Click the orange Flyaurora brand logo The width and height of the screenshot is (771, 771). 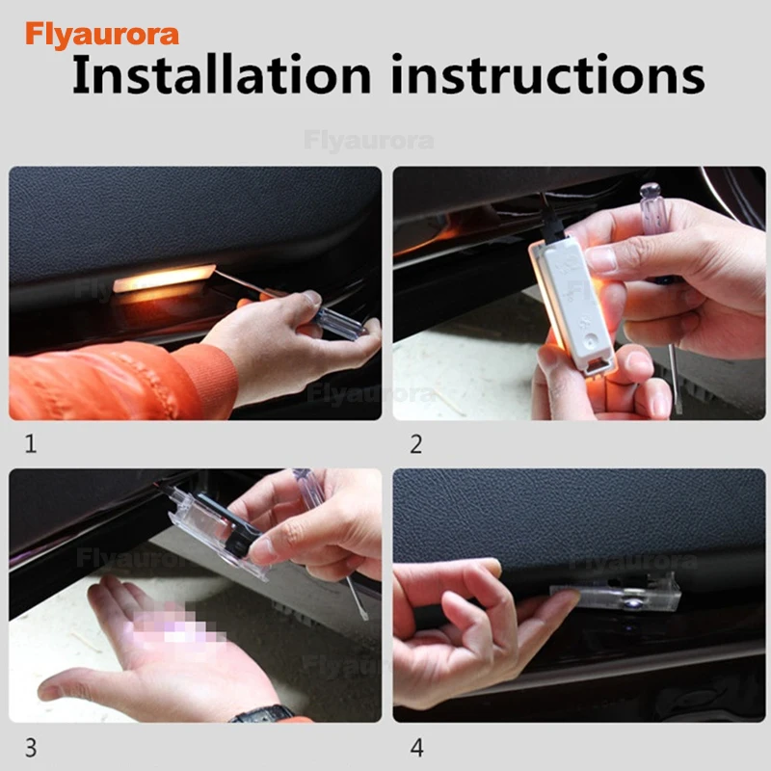pos(102,35)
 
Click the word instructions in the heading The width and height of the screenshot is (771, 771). pos(548,75)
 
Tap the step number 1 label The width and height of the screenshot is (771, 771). pos(31,444)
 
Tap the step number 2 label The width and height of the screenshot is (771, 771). pos(416,444)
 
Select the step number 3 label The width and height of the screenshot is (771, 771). pos(31,748)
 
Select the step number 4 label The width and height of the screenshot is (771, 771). pos(416,748)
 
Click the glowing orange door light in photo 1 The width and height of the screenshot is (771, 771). pos(164,279)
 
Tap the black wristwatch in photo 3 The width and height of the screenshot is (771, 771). pos(263,714)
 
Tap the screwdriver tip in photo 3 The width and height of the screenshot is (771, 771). pos(364,615)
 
